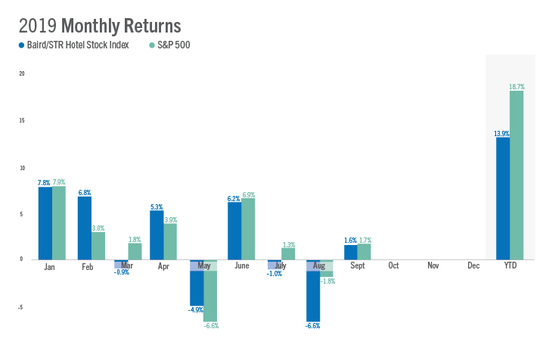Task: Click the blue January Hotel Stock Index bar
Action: click(x=45, y=223)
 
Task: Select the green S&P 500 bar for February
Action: click(x=98, y=245)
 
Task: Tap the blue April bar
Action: click(x=157, y=234)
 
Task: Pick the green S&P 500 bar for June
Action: click(x=248, y=228)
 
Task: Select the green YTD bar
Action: click(x=516, y=175)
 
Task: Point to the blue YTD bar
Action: click(x=502, y=198)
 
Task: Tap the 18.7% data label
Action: click(x=517, y=87)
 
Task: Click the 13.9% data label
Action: click(x=501, y=134)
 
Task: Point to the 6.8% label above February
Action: click(x=84, y=192)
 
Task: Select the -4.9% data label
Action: click(x=196, y=310)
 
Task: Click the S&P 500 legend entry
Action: click(x=173, y=45)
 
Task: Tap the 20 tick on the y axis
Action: click(x=22, y=74)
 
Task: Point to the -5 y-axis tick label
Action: click(x=22, y=307)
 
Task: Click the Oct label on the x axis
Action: click(x=394, y=265)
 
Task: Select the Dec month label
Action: click(x=473, y=265)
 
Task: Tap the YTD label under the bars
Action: click(x=510, y=265)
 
